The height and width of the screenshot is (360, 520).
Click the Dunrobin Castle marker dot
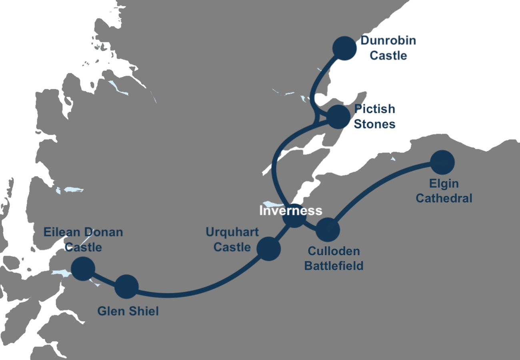click(344, 48)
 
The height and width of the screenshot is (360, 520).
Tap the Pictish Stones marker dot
click(338, 117)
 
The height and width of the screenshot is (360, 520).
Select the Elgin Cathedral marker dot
click(442, 162)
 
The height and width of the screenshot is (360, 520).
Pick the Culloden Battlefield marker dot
click(328, 230)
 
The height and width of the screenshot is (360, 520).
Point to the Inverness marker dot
click(294, 216)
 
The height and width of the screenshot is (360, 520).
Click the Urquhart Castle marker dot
click(268, 248)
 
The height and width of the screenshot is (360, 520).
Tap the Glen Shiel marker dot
click(126, 287)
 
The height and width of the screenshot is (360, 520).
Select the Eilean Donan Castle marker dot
click(83, 268)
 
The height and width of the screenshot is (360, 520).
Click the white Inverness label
click(290, 210)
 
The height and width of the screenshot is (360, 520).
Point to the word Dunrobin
click(388, 40)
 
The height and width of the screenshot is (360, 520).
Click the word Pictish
click(374, 109)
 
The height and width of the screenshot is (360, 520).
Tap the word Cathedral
click(444, 198)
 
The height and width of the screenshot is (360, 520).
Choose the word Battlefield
click(334, 266)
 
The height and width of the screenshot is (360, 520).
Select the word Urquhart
click(232, 232)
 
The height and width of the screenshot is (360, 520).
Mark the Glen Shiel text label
click(128, 311)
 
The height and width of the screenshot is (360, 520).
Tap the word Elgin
click(444, 184)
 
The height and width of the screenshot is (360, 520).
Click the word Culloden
click(334, 251)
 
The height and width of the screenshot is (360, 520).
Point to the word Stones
click(374, 124)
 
